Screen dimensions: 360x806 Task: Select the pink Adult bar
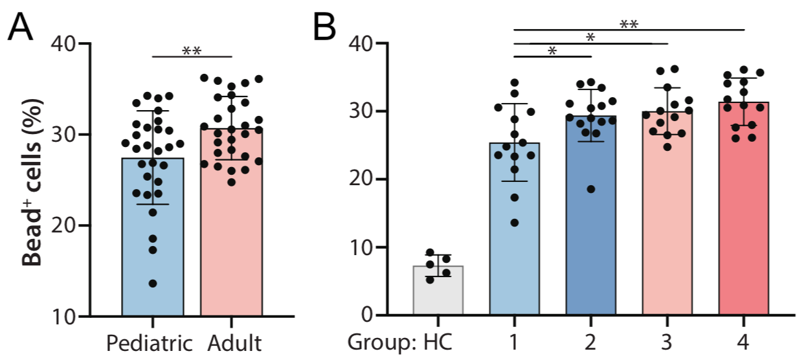pyautogui.click(x=230, y=246)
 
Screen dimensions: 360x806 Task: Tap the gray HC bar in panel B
pyautogui.click(x=438, y=291)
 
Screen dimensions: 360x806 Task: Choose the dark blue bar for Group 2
pyautogui.click(x=590, y=246)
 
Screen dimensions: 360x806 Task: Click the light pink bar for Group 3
pyautogui.click(x=667, y=246)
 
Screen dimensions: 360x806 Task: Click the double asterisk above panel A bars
pyautogui.click(x=191, y=50)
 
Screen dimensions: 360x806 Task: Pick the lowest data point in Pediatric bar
pyautogui.click(x=152, y=284)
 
